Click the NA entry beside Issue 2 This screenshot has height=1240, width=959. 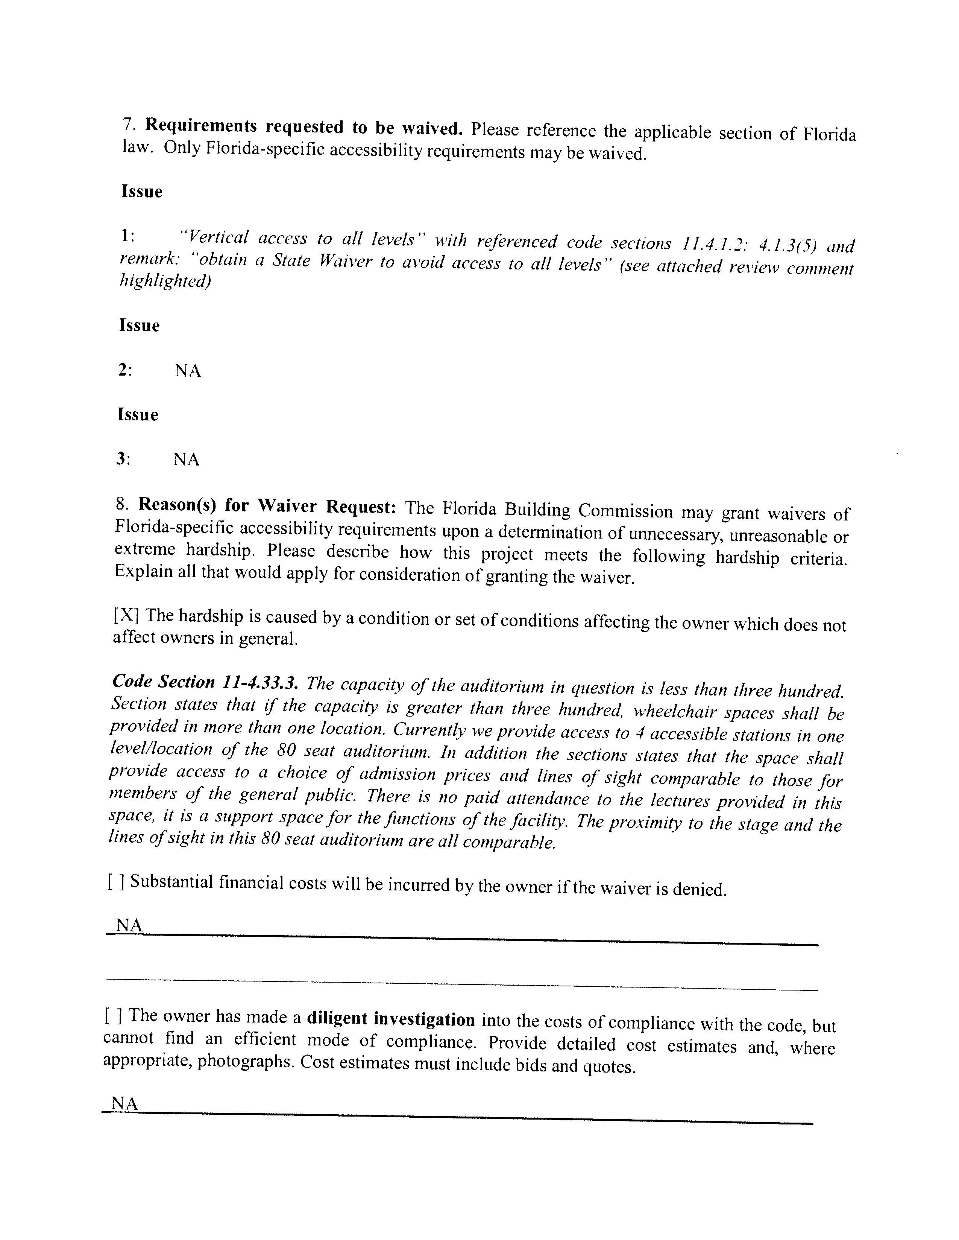tap(188, 371)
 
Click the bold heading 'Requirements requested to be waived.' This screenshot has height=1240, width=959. tap(303, 128)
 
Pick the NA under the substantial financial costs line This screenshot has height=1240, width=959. tap(129, 925)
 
